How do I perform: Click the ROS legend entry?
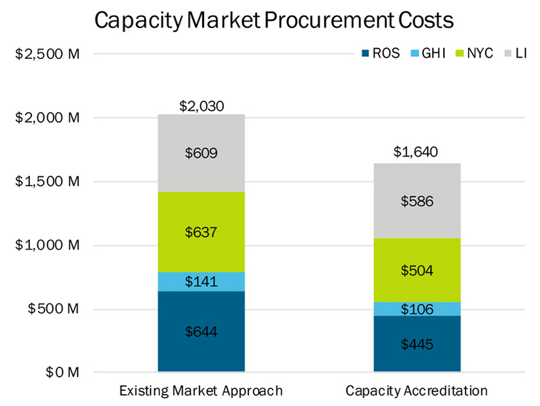tap(380, 54)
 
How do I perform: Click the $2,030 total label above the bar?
tap(201, 105)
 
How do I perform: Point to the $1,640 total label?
tap(416, 153)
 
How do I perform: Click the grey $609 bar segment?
tap(201, 153)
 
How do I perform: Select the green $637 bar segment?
tap(201, 232)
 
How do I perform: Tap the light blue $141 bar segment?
tap(201, 282)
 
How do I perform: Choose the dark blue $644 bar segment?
tap(201, 331)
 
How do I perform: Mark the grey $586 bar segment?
tap(416, 201)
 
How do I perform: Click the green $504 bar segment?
tap(416, 270)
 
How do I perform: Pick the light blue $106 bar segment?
tap(416, 309)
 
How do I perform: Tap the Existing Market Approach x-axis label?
tap(201, 391)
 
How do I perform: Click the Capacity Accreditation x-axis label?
tap(416, 391)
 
